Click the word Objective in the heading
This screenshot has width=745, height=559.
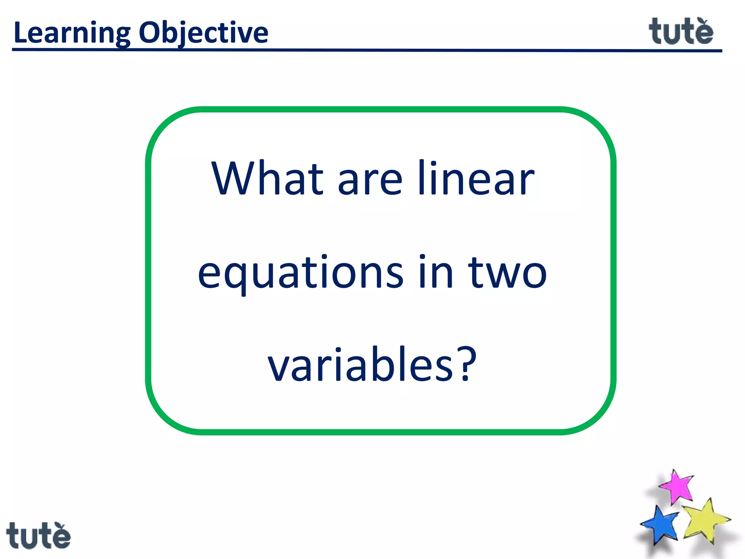(x=203, y=33)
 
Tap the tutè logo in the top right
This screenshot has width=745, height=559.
(x=681, y=32)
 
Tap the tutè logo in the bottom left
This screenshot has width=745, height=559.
(x=39, y=535)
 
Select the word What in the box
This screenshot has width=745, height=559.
(x=267, y=179)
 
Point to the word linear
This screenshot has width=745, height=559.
(x=476, y=179)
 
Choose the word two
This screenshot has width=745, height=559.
(x=507, y=273)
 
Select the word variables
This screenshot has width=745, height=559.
(x=360, y=365)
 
